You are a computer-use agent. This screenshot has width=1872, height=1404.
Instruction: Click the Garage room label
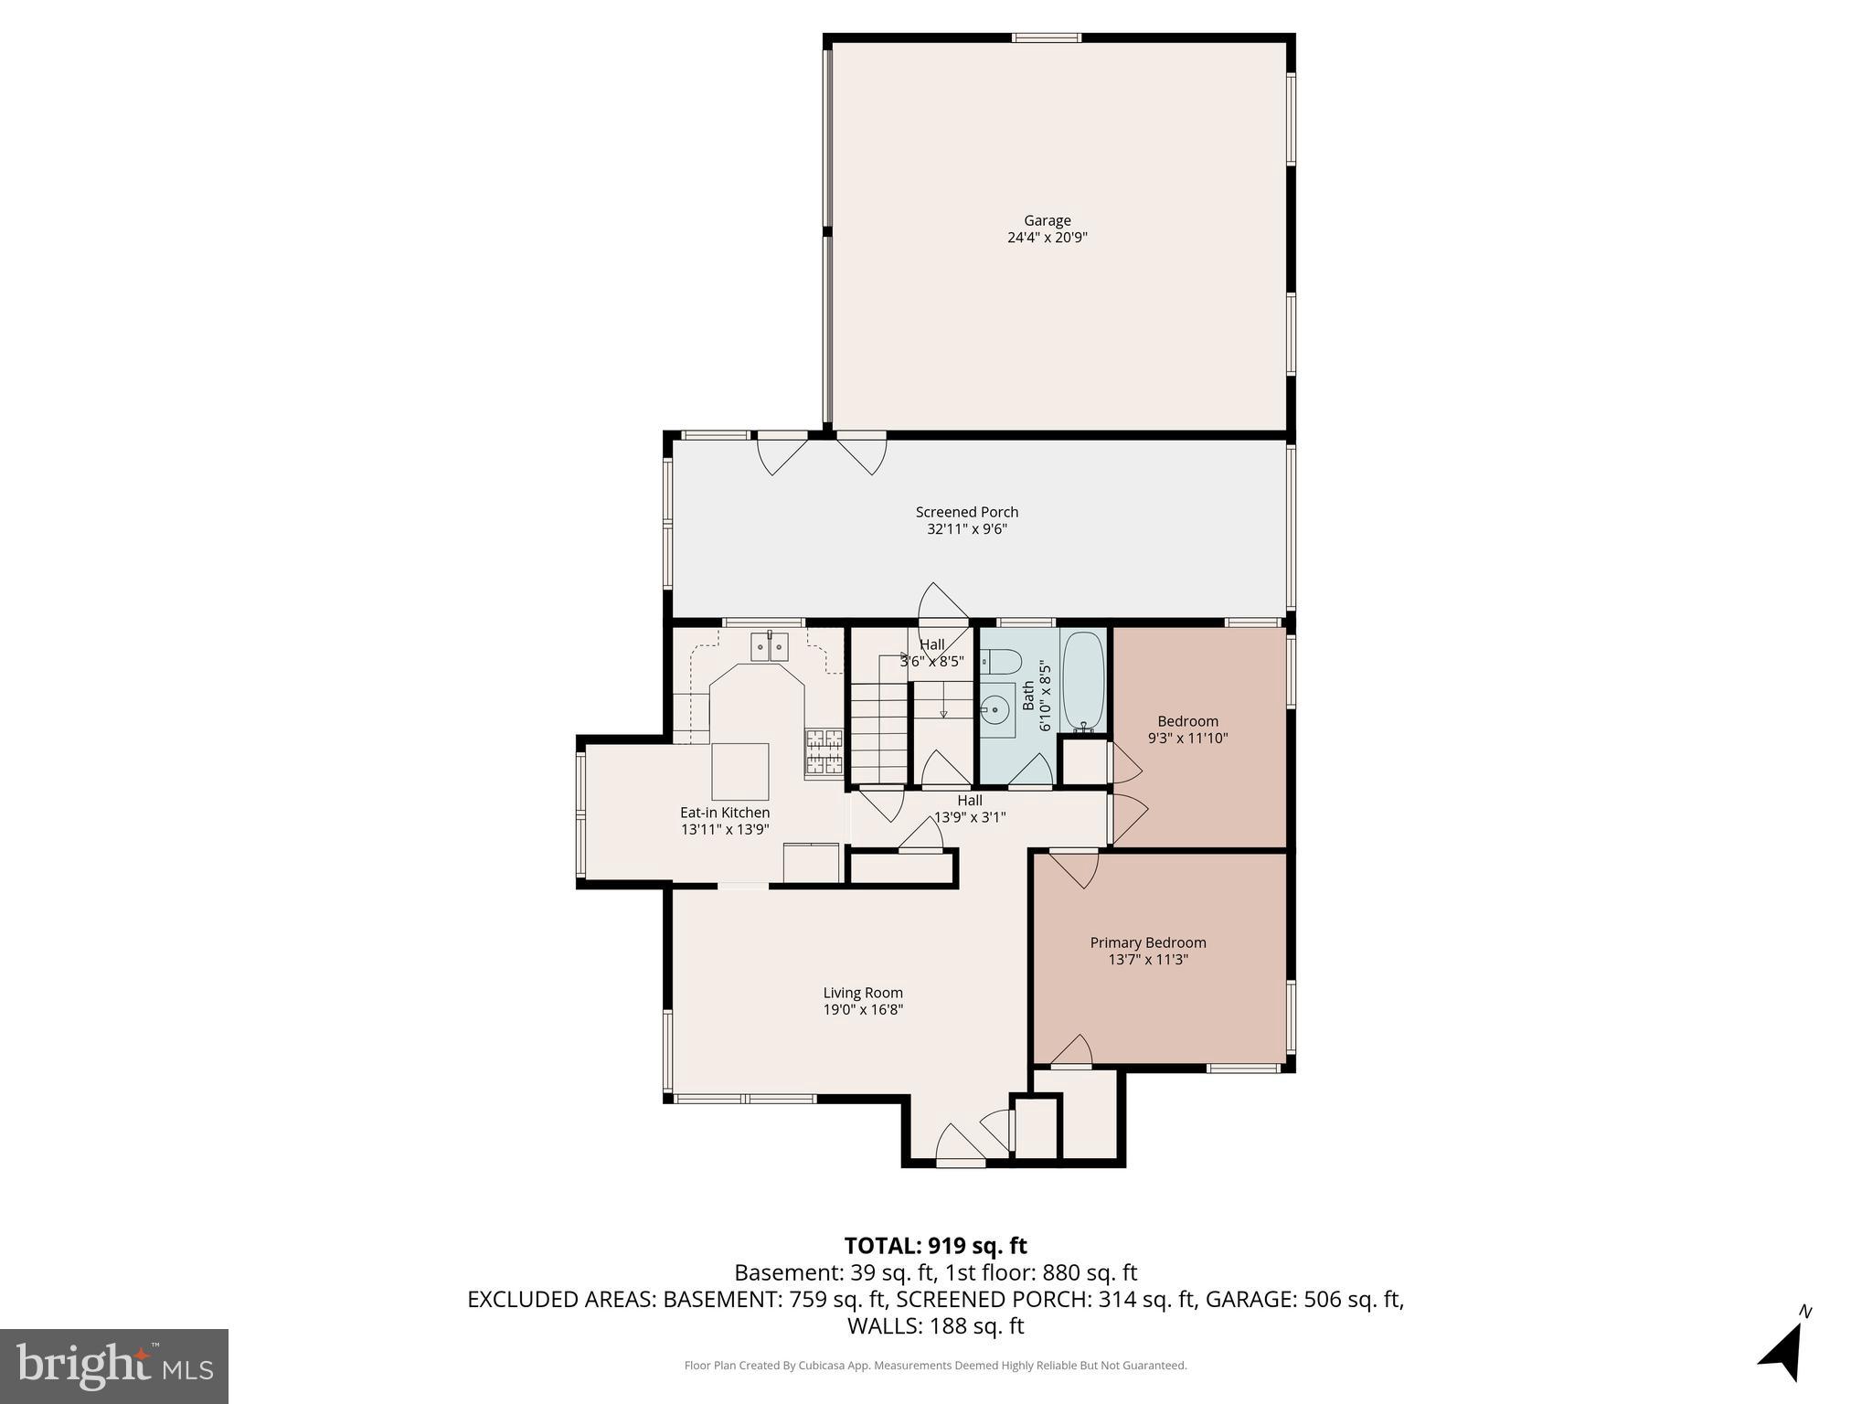pos(1047,220)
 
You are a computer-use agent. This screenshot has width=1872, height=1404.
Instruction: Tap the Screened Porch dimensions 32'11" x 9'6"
pos(966,529)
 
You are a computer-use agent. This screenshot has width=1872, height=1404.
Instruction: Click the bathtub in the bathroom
pos(1084,680)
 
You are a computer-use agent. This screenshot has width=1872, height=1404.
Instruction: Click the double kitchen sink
pos(770,646)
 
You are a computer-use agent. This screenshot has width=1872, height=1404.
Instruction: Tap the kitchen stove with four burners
pos(824,752)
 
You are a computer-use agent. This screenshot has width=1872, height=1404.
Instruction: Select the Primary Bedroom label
pos(1147,942)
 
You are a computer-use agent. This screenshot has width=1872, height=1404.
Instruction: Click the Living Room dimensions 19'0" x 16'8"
pos(863,1010)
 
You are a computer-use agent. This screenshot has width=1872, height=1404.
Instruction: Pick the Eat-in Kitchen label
pos(725,813)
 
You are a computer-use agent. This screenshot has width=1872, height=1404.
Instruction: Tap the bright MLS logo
pos(114,1366)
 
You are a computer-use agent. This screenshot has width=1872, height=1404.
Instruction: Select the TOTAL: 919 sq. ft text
pos(935,1246)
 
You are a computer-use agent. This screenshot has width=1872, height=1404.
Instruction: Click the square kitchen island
pos(739,771)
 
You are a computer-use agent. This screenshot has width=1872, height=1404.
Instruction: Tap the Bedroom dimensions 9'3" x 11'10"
pos(1187,739)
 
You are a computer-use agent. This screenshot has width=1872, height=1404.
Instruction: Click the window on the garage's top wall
pos(1046,37)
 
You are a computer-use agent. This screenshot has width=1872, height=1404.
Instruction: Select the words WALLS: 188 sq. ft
pos(935,1325)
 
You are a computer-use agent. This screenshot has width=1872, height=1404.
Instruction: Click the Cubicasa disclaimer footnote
pos(935,1366)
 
